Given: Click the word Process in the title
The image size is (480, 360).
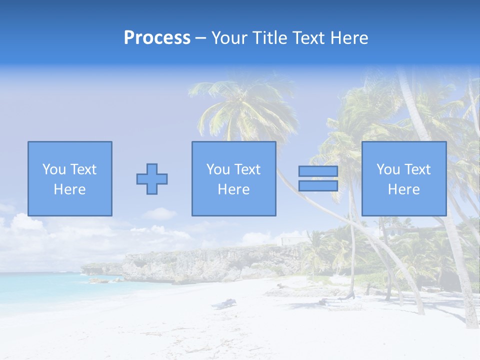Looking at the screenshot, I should [157, 38].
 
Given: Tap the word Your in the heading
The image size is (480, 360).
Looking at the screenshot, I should [229, 38].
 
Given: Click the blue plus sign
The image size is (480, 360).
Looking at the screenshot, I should [152, 179].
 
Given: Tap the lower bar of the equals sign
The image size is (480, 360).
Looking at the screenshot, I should [318, 186].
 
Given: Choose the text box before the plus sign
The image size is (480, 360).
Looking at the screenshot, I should [69, 178].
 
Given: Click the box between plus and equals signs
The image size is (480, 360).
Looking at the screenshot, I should [233, 178].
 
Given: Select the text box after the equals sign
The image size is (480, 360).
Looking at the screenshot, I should [403, 178].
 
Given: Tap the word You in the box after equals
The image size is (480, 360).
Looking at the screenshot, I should [388, 169].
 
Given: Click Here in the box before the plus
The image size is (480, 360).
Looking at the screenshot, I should [69, 189].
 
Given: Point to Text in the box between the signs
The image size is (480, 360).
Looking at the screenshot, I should [248, 169].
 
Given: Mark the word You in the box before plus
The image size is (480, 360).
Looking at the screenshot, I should [54, 169].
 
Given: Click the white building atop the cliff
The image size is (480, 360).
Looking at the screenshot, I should [292, 241].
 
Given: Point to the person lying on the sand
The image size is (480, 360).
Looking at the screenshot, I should [224, 303].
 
